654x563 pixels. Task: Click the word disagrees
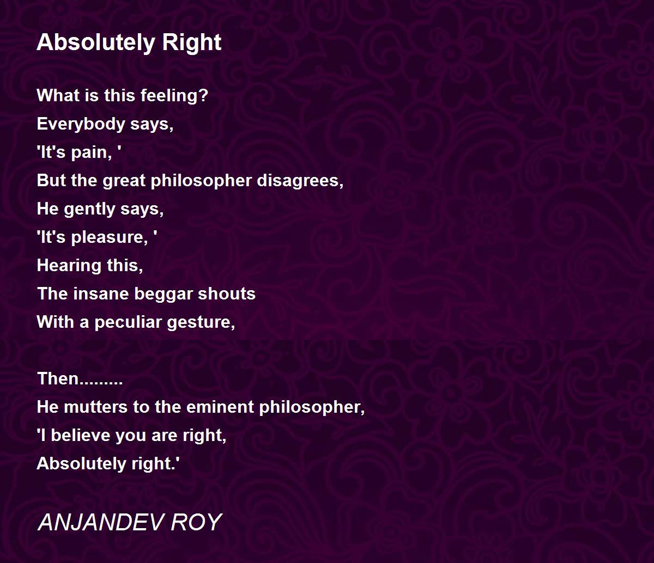coord(300,181)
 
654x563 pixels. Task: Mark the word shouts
coord(226,293)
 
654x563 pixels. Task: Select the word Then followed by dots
coord(80,379)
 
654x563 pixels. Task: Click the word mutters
coord(95,407)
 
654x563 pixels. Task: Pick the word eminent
coord(220,407)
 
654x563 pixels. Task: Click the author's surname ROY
coord(196,523)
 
